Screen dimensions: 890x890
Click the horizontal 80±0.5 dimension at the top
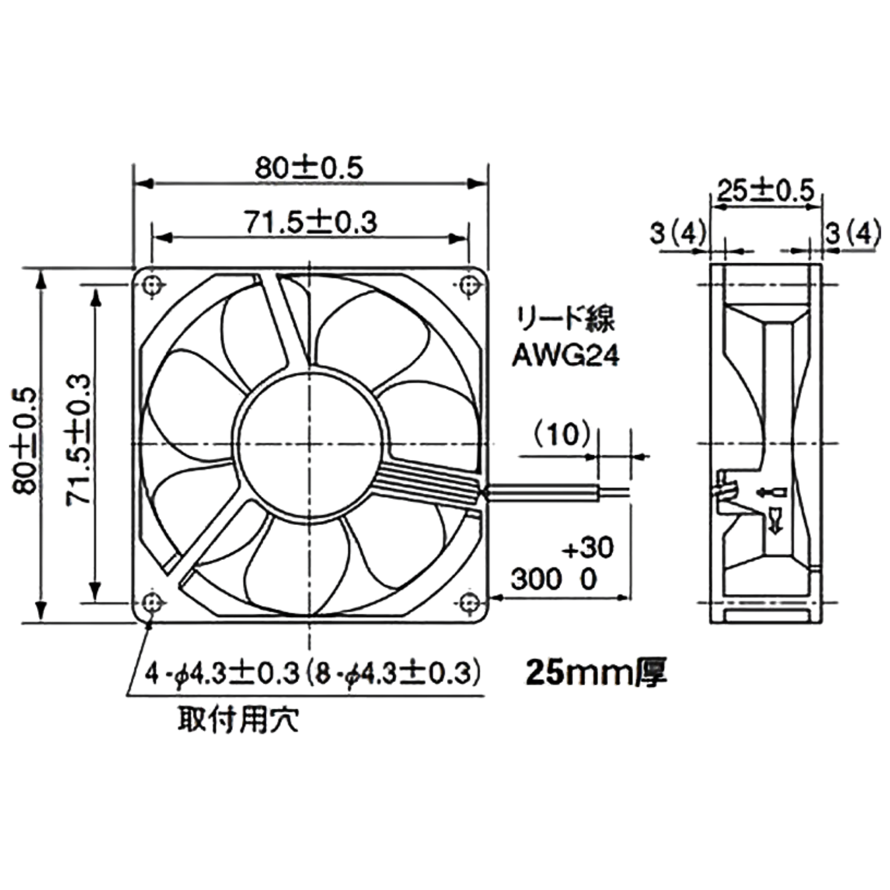click(x=309, y=168)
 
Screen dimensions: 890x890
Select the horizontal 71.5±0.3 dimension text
click(x=311, y=222)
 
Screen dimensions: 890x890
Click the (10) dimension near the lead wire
click(x=562, y=435)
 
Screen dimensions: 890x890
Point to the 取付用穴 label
click(x=238, y=719)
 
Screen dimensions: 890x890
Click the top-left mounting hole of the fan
click(x=152, y=285)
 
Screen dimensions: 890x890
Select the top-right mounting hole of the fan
click(x=469, y=285)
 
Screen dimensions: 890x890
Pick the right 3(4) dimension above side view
click(x=852, y=233)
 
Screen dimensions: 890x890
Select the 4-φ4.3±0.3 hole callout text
click(x=222, y=674)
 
